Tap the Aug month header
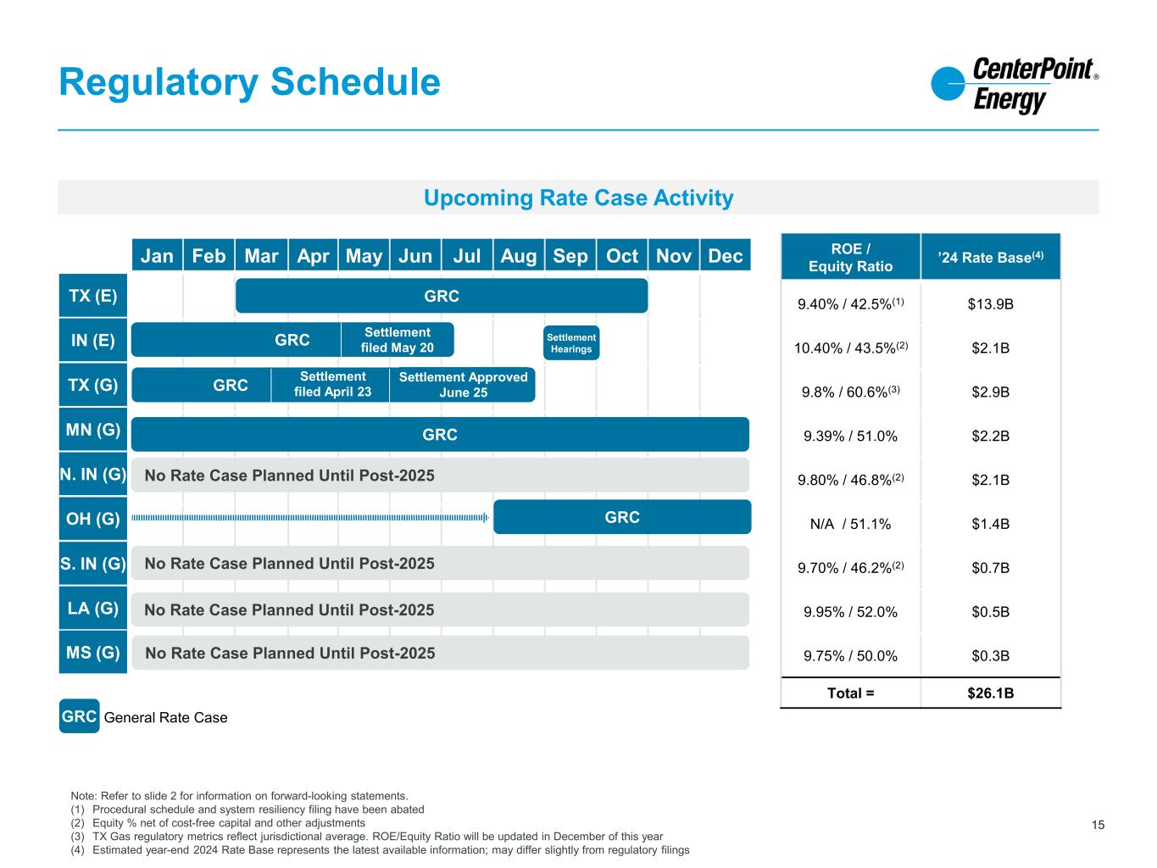[x=518, y=256]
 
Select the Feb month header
[x=209, y=256]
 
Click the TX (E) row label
[x=92, y=296]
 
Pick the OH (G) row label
[x=92, y=519]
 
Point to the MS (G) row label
[x=92, y=653]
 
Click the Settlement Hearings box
[x=570, y=343]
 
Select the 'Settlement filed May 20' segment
[x=398, y=340]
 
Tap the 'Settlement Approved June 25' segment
[x=463, y=385]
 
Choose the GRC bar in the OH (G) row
[x=622, y=517]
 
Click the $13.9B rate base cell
[x=990, y=304]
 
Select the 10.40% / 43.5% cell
[x=850, y=348]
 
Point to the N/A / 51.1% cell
[x=850, y=524]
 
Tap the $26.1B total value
[x=990, y=693]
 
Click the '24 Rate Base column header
[x=990, y=257]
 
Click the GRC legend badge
[x=79, y=716]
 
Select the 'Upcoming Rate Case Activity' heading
[x=578, y=198]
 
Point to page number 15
[x=1098, y=825]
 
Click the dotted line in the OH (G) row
[x=310, y=518]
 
